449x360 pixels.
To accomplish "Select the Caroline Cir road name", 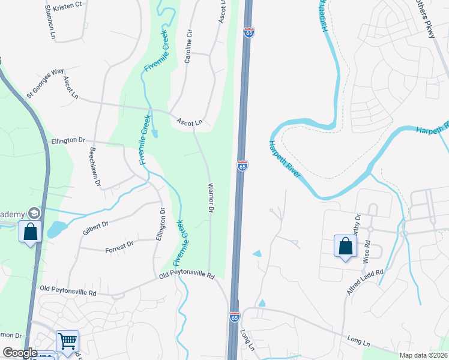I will tap(188, 49).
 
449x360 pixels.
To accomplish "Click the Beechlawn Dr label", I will tap(93, 167).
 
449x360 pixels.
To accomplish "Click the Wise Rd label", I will tap(366, 248).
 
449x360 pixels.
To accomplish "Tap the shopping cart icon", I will tap(67, 341).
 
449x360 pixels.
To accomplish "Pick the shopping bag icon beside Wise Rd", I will tap(345, 246).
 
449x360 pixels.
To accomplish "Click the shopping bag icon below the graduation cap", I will tap(29, 231).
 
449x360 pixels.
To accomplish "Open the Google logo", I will tap(20, 353).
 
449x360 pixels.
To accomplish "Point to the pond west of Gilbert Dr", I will tap(55, 229).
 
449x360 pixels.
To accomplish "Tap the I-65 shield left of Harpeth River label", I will tap(243, 166).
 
